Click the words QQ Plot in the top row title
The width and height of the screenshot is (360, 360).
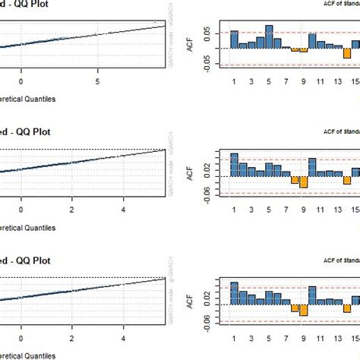37,4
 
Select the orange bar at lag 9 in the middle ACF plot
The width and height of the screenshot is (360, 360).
303,182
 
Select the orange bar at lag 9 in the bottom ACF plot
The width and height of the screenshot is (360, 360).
303,310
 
